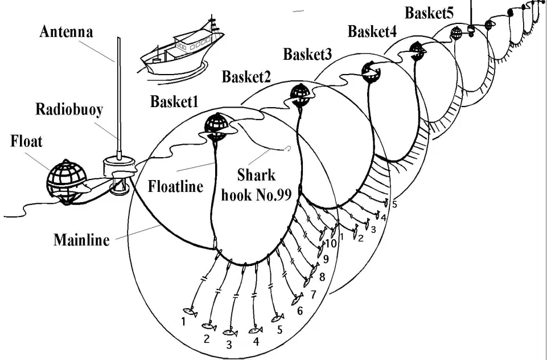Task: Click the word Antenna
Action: click(x=66, y=32)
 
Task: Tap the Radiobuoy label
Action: click(x=69, y=109)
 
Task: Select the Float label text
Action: click(x=27, y=141)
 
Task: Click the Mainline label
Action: click(x=81, y=240)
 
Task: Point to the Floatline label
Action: click(x=175, y=186)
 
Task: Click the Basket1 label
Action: click(x=174, y=101)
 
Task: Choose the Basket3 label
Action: click(x=307, y=55)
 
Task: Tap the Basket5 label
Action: click(x=429, y=13)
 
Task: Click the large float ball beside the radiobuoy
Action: click(x=66, y=182)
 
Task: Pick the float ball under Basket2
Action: click(x=300, y=95)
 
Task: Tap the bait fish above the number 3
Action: click(x=230, y=333)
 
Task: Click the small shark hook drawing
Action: click(x=289, y=149)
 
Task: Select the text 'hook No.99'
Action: click(x=256, y=195)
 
